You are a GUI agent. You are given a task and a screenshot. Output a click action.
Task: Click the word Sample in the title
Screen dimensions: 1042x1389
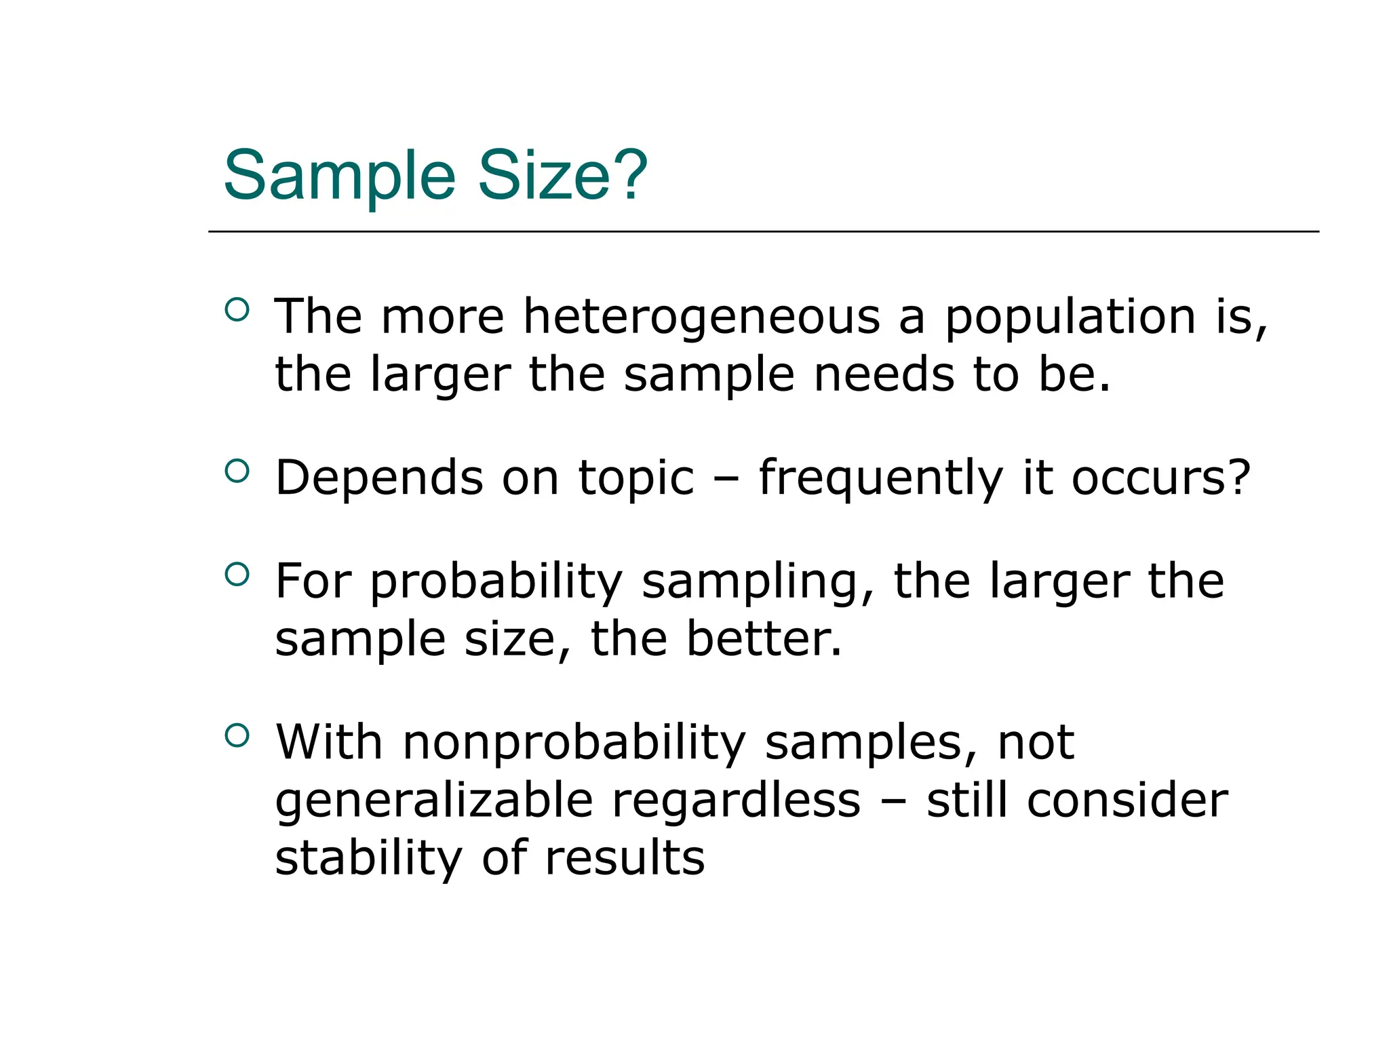(339, 176)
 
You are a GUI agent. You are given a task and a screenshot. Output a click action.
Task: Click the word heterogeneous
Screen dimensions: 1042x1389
(701, 317)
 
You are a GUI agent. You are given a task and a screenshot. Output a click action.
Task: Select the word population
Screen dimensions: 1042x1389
(1070, 317)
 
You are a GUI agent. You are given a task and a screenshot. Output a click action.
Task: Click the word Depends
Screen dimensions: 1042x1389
(379, 479)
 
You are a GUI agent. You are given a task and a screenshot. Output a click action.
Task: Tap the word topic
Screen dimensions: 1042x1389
(636, 479)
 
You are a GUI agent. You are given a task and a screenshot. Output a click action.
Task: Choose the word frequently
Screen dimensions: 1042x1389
(880, 479)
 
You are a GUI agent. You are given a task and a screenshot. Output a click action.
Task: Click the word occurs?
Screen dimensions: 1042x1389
(1160, 478)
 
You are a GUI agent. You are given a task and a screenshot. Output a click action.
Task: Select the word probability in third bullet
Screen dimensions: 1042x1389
(496, 582)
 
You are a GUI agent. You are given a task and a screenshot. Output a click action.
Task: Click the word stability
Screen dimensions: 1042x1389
(368, 859)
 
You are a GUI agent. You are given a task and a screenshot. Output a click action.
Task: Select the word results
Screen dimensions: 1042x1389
(625, 859)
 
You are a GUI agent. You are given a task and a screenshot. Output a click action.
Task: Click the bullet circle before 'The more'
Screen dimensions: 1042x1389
(237, 310)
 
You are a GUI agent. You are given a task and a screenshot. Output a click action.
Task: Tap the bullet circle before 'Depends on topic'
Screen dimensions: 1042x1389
(237, 471)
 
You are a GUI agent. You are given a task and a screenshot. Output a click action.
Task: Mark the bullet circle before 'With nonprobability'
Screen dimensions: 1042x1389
(237, 735)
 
